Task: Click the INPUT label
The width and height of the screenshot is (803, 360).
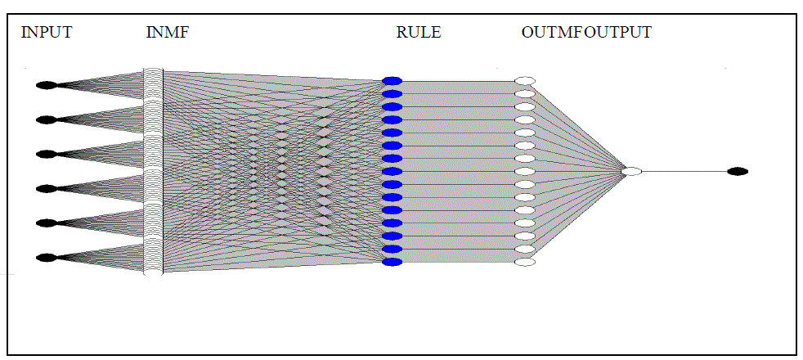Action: coord(46,33)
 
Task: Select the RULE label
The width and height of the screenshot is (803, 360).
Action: coord(418,33)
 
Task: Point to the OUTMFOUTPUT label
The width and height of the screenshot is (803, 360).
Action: coord(585,33)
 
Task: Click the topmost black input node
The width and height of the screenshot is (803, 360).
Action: coord(46,85)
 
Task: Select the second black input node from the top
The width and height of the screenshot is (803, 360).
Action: coord(46,119)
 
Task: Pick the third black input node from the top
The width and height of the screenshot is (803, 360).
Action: coord(46,154)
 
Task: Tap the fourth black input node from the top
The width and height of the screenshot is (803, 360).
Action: coord(46,188)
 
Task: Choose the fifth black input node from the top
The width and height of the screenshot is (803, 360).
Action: coord(46,223)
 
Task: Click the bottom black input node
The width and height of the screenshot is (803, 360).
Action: coord(46,258)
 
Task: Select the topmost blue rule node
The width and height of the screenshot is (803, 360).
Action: coord(393,80)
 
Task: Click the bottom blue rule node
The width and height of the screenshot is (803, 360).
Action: coord(393,262)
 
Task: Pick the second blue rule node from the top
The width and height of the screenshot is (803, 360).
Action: coord(393,93)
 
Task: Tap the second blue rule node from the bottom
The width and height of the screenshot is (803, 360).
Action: coord(393,249)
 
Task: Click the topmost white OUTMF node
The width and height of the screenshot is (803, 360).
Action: coord(525,80)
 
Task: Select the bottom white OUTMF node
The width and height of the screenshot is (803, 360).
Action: coord(525,262)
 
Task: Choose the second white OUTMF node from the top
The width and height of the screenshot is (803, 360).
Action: coord(525,93)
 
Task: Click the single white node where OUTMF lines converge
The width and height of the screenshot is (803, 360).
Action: coord(631,171)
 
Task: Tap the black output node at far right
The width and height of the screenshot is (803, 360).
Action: coord(738,171)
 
